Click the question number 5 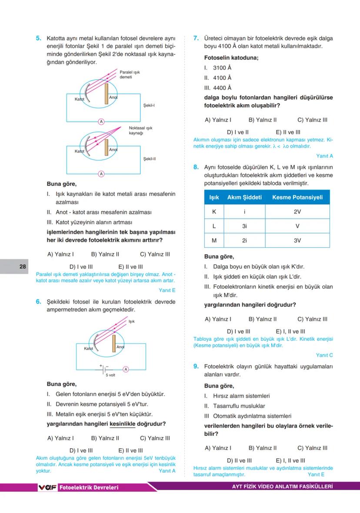38,38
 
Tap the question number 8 196,167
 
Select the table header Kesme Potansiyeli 297,197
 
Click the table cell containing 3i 244,226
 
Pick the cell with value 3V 297,240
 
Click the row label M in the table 214,240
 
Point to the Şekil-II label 150,159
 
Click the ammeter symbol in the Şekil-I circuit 101,121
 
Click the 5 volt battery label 110,374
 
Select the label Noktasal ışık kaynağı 140,130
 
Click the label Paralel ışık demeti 129,74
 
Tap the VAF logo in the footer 48,487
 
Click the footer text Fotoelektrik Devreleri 89,487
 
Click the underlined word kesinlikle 123,424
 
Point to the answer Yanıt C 324,355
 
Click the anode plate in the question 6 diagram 114,343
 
